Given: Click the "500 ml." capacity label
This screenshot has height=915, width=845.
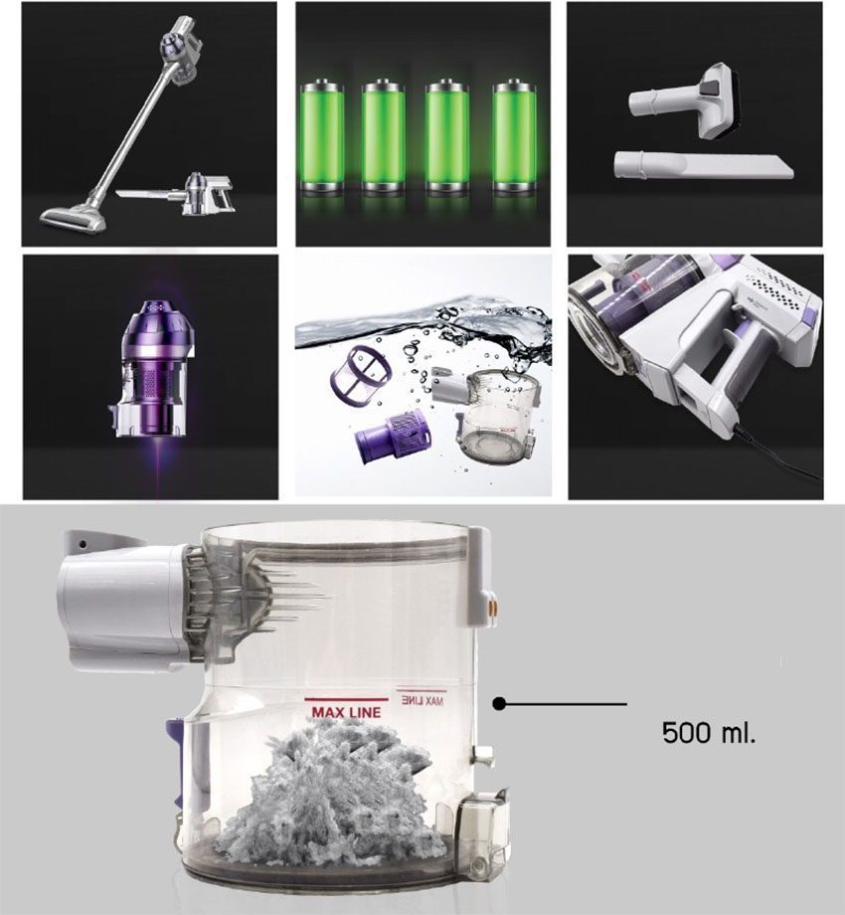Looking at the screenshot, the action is (x=709, y=732).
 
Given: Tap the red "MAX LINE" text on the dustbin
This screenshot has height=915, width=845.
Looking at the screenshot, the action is (x=346, y=712).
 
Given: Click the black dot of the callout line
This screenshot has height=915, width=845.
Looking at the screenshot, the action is (x=499, y=704).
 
